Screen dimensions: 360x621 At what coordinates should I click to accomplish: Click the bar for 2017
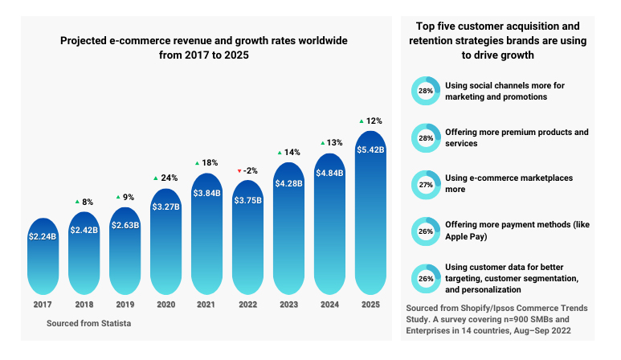pyautogui.click(x=43, y=256)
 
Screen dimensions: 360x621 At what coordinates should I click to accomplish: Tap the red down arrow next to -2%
pyautogui.click(x=239, y=171)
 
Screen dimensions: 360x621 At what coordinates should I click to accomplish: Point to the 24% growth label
pyautogui.click(x=170, y=178)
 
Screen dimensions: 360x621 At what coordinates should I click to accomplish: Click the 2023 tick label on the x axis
pyautogui.click(x=289, y=305)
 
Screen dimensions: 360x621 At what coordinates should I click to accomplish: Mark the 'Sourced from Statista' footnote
pyautogui.click(x=84, y=322)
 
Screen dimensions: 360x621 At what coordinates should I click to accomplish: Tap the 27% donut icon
pyautogui.click(x=426, y=184)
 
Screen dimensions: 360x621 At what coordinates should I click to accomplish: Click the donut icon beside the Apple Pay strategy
pyautogui.click(x=426, y=231)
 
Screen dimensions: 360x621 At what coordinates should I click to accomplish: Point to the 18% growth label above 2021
pyautogui.click(x=211, y=162)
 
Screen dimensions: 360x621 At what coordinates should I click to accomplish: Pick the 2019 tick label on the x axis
pyautogui.click(x=125, y=305)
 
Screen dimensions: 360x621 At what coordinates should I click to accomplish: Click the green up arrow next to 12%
pyautogui.click(x=362, y=121)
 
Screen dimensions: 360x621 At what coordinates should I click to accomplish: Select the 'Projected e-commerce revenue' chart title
pyautogui.click(x=204, y=47)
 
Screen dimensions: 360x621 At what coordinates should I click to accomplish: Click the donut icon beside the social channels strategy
pyautogui.click(x=426, y=91)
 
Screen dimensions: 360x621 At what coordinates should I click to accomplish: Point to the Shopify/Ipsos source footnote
pyautogui.click(x=496, y=320)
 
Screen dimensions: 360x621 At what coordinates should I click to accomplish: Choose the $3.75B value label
pyautogui.click(x=248, y=201)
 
